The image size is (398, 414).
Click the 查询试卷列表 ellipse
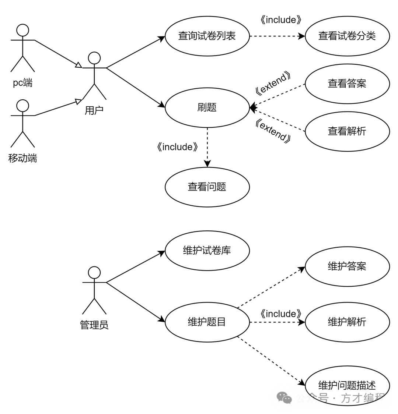pos(207,36)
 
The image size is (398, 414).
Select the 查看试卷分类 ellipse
pos(347,36)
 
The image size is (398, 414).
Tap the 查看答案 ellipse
pos(347,84)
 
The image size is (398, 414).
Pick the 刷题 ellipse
pos(207,107)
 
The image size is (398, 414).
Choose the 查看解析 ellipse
pos(347,131)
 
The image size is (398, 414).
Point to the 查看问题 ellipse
pos(207,187)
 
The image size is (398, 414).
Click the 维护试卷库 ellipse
pos(207,251)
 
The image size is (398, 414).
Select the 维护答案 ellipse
pos(347,266)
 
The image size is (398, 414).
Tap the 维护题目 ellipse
pos(207,322)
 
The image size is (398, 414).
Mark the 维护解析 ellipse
pos(347,322)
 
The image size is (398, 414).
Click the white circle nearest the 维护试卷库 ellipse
pos(94,273)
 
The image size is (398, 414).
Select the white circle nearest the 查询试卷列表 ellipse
pos(94,58)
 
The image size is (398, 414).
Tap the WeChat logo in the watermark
pos(284,398)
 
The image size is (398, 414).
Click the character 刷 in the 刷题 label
pos(202,107)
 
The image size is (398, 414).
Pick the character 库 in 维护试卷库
pos(226,251)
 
